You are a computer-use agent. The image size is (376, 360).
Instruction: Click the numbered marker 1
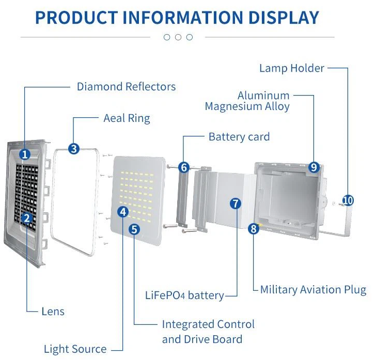point(25,154)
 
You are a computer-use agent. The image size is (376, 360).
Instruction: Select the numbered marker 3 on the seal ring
point(74,149)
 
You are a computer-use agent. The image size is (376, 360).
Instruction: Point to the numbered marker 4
point(122,211)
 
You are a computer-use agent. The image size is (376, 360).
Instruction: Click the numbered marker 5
point(134,229)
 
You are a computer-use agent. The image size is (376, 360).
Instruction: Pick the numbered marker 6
point(184,167)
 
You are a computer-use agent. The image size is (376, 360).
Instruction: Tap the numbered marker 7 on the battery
point(236,203)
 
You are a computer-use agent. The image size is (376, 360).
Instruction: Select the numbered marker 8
point(253,228)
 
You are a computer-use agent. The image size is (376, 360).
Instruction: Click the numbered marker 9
point(314,167)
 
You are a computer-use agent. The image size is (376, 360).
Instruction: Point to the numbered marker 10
point(348,200)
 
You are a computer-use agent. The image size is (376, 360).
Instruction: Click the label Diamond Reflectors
point(126,86)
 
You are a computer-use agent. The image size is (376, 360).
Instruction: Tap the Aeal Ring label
point(127,118)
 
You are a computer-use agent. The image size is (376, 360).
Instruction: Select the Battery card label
point(239,137)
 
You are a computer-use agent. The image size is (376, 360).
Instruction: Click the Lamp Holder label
point(291,68)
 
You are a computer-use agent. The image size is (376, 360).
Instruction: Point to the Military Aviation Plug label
point(313,290)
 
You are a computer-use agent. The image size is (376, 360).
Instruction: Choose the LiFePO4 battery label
point(184,295)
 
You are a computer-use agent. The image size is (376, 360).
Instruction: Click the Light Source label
point(75,349)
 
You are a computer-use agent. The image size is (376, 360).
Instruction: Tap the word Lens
point(53,311)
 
